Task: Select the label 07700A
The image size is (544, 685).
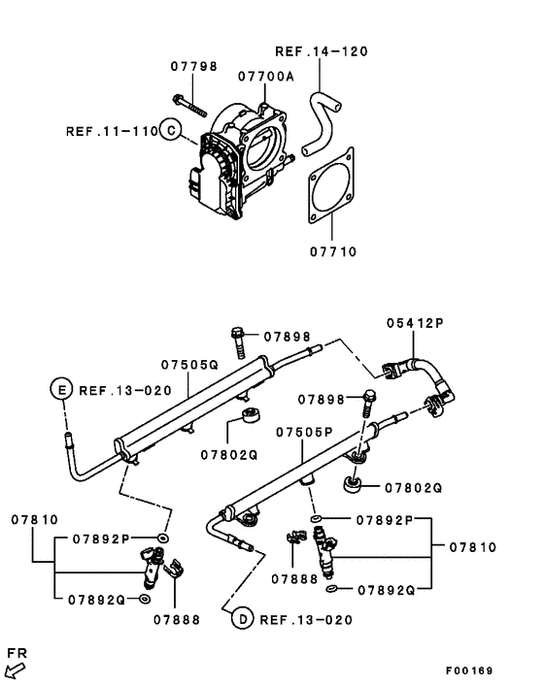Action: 265,75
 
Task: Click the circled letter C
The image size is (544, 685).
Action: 170,130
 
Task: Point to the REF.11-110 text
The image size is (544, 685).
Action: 111,130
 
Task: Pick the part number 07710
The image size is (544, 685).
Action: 333,251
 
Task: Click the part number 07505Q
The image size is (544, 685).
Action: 190,366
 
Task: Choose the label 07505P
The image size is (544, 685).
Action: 304,432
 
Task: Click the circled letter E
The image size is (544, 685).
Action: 61,390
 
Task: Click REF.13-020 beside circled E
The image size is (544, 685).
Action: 124,390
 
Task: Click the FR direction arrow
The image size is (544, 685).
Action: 15,669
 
